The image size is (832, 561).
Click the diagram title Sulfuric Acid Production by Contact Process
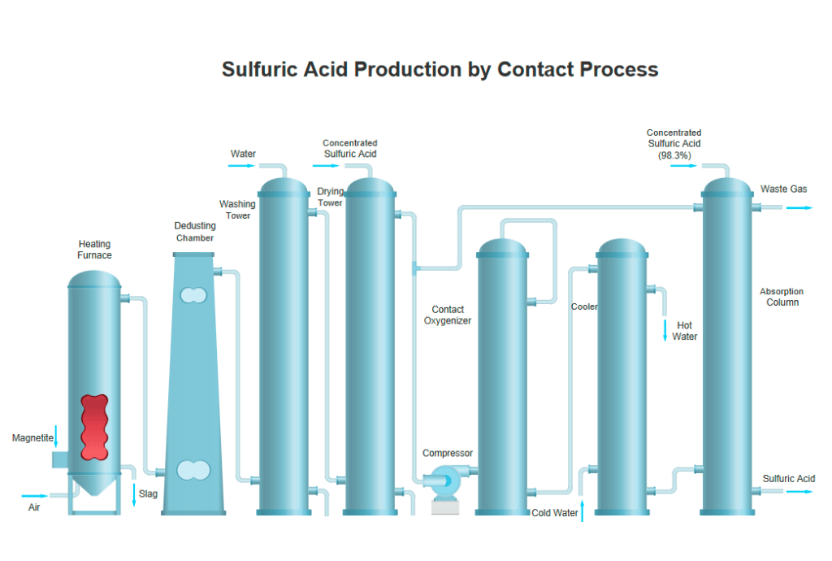pos(440,69)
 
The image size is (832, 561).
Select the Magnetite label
pos(32,438)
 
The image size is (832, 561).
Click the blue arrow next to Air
pos(35,495)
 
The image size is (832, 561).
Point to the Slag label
pos(148,494)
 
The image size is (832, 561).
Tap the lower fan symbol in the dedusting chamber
pos(193,470)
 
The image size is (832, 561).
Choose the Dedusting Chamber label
pos(195,232)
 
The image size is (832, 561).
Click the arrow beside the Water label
pos(241,166)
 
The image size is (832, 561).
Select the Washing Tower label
pos(237,210)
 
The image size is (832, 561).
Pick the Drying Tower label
pos(330,197)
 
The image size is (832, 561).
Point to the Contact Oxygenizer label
pos(448,315)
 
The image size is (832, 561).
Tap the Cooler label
pos(584,307)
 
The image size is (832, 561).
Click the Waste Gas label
pos(783,189)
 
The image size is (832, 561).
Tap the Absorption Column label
pos(781,297)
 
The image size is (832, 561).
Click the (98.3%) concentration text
pos(674,154)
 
